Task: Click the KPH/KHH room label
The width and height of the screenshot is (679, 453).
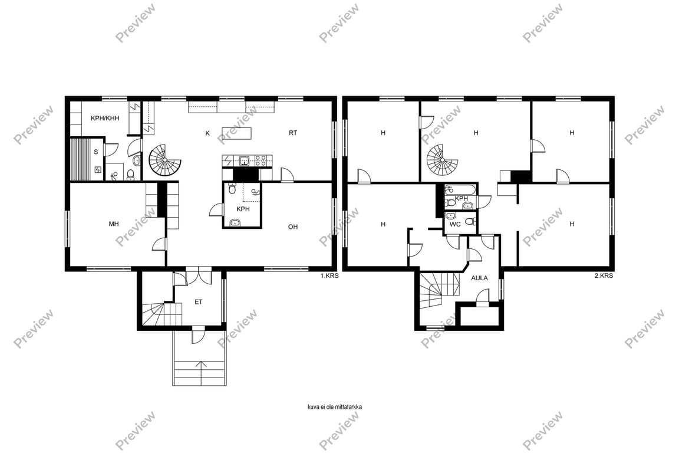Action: [x=105, y=118]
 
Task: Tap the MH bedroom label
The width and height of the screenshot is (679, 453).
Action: [x=114, y=224]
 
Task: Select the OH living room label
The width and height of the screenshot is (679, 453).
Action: [x=293, y=226]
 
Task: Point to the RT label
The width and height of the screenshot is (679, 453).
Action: [x=293, y=133]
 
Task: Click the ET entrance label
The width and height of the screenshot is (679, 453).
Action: [x=198, y=302]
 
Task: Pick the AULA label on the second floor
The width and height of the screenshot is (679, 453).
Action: [x=479, y=278]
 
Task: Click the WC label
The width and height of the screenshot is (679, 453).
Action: [x=455, y=225]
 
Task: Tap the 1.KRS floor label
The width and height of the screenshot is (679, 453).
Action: [x=329, y=275]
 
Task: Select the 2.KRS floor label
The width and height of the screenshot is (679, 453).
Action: [x=604, y=275]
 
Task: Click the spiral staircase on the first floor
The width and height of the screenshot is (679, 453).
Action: [x=165, y=159]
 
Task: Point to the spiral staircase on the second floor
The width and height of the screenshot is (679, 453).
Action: [x=442, y=159]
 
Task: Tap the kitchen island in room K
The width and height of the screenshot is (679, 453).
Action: [x=236, y=133]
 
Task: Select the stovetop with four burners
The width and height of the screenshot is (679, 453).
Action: [x=262, y=161]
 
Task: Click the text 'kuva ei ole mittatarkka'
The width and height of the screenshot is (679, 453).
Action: [x=334, y=407]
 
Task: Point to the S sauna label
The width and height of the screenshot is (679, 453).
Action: [x=96, y=152]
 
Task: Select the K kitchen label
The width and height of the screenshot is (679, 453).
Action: [x=207, y=133]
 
